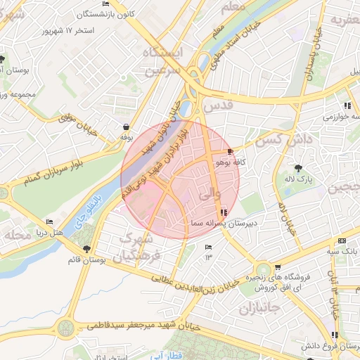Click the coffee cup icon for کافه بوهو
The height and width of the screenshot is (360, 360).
(x=230, y=152)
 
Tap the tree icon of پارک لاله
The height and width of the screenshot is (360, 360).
(x=299, y=168)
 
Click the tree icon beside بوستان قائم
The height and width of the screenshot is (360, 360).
(x=86, y=249)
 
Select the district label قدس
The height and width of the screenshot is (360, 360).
(x=217, y=105)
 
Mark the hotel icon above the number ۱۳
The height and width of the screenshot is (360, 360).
(x=207, y=247)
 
